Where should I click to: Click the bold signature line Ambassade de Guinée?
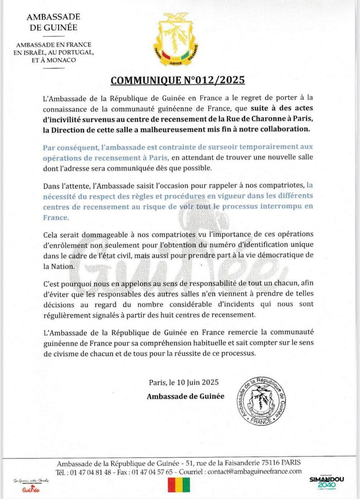(186, 396)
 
